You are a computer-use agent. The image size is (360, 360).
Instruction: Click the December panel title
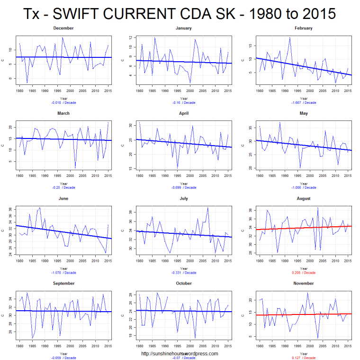(63, 28)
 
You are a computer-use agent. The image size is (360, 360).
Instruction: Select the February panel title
(303, 28)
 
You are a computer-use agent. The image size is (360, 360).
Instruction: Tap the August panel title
(303, 198)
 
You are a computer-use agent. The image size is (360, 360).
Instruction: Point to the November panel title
(303, 283)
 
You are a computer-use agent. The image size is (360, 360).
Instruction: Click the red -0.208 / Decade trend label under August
(303, 273)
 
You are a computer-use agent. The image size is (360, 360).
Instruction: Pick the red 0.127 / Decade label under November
(303, 358)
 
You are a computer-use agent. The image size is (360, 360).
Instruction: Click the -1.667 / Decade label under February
(303, 102)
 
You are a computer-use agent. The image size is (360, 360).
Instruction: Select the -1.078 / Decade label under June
(63, 273)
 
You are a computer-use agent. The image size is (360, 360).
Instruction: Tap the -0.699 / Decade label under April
(183, 187)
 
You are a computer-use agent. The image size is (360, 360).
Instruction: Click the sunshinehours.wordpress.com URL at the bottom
(180, 353)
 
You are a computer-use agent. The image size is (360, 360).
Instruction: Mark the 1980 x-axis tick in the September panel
(20, 345)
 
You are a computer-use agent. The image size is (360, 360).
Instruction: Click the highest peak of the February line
(290, 38)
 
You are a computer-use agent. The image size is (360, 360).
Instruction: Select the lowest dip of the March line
(75, 167)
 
